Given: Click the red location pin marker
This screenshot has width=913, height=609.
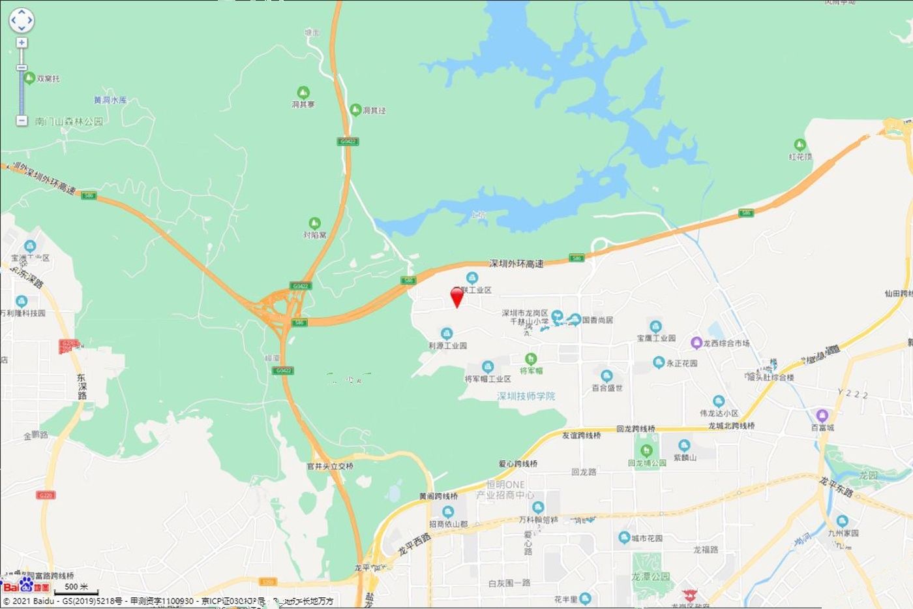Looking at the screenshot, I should coord(457,296).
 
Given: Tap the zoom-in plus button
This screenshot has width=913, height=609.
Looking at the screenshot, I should coord(22,43).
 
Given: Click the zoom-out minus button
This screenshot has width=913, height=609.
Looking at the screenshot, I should coord(22,121).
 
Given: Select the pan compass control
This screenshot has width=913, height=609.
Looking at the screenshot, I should coord(21,20).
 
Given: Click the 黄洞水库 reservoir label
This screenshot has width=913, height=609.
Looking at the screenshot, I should coord(110,100).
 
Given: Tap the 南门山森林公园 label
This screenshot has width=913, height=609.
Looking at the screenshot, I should coord(69,121).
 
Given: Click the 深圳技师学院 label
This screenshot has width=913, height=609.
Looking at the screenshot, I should coord(526,396).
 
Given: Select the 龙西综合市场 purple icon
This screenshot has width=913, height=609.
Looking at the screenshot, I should coord(696,343).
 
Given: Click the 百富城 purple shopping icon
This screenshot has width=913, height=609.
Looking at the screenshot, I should coord(822,415).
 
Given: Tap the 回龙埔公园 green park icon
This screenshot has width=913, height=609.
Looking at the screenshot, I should coord(646,450).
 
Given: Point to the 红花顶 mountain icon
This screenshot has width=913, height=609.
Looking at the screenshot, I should coord(800,145).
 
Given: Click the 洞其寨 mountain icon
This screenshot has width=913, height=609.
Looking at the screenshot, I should coord(303,93).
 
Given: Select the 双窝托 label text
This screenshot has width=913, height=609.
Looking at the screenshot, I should coord(48,78).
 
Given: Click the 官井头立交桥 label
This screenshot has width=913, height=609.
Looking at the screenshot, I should coord(330,466).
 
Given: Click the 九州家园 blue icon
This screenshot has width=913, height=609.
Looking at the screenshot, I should coord(843,521).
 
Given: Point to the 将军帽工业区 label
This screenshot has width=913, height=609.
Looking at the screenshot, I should coord(487,379).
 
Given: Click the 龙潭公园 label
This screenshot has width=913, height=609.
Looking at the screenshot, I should coord(650,576).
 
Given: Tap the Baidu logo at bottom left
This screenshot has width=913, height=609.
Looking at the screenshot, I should coord(27,586).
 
